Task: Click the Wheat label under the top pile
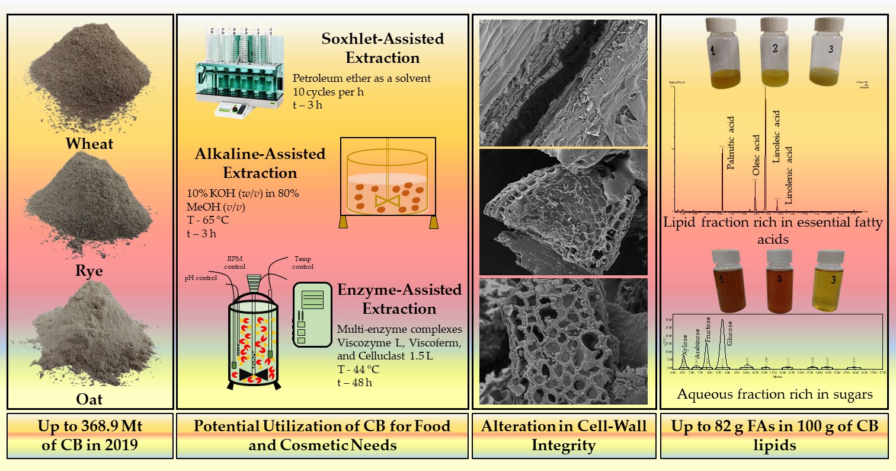coord(89,143)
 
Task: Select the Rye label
coord(89,270)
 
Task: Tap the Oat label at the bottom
coord(89,399)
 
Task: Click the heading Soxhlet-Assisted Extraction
coord(382,48)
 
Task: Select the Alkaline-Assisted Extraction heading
coord(260,163)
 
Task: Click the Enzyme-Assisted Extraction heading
coord(399,300)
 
